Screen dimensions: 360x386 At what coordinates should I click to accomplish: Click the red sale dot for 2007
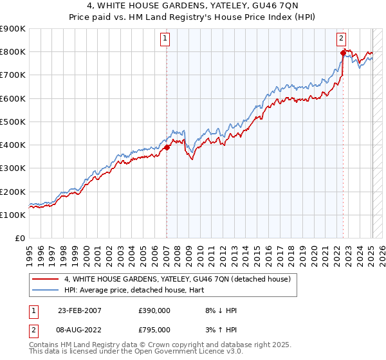(x=167, y=147)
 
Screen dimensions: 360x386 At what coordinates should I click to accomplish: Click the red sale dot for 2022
(x=343, y=52)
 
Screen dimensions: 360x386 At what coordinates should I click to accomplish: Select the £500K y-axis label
(x=14, y=122)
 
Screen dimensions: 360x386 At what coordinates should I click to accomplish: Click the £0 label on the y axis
(x=19, y=239)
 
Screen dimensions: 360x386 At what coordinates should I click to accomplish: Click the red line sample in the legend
(x=46, y=279)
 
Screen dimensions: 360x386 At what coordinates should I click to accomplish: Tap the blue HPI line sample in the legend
(x=46, y=290)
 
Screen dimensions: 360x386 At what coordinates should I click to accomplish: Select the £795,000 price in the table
(x=154, y=330)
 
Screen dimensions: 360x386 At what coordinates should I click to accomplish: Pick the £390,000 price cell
(x=154, y=310)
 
